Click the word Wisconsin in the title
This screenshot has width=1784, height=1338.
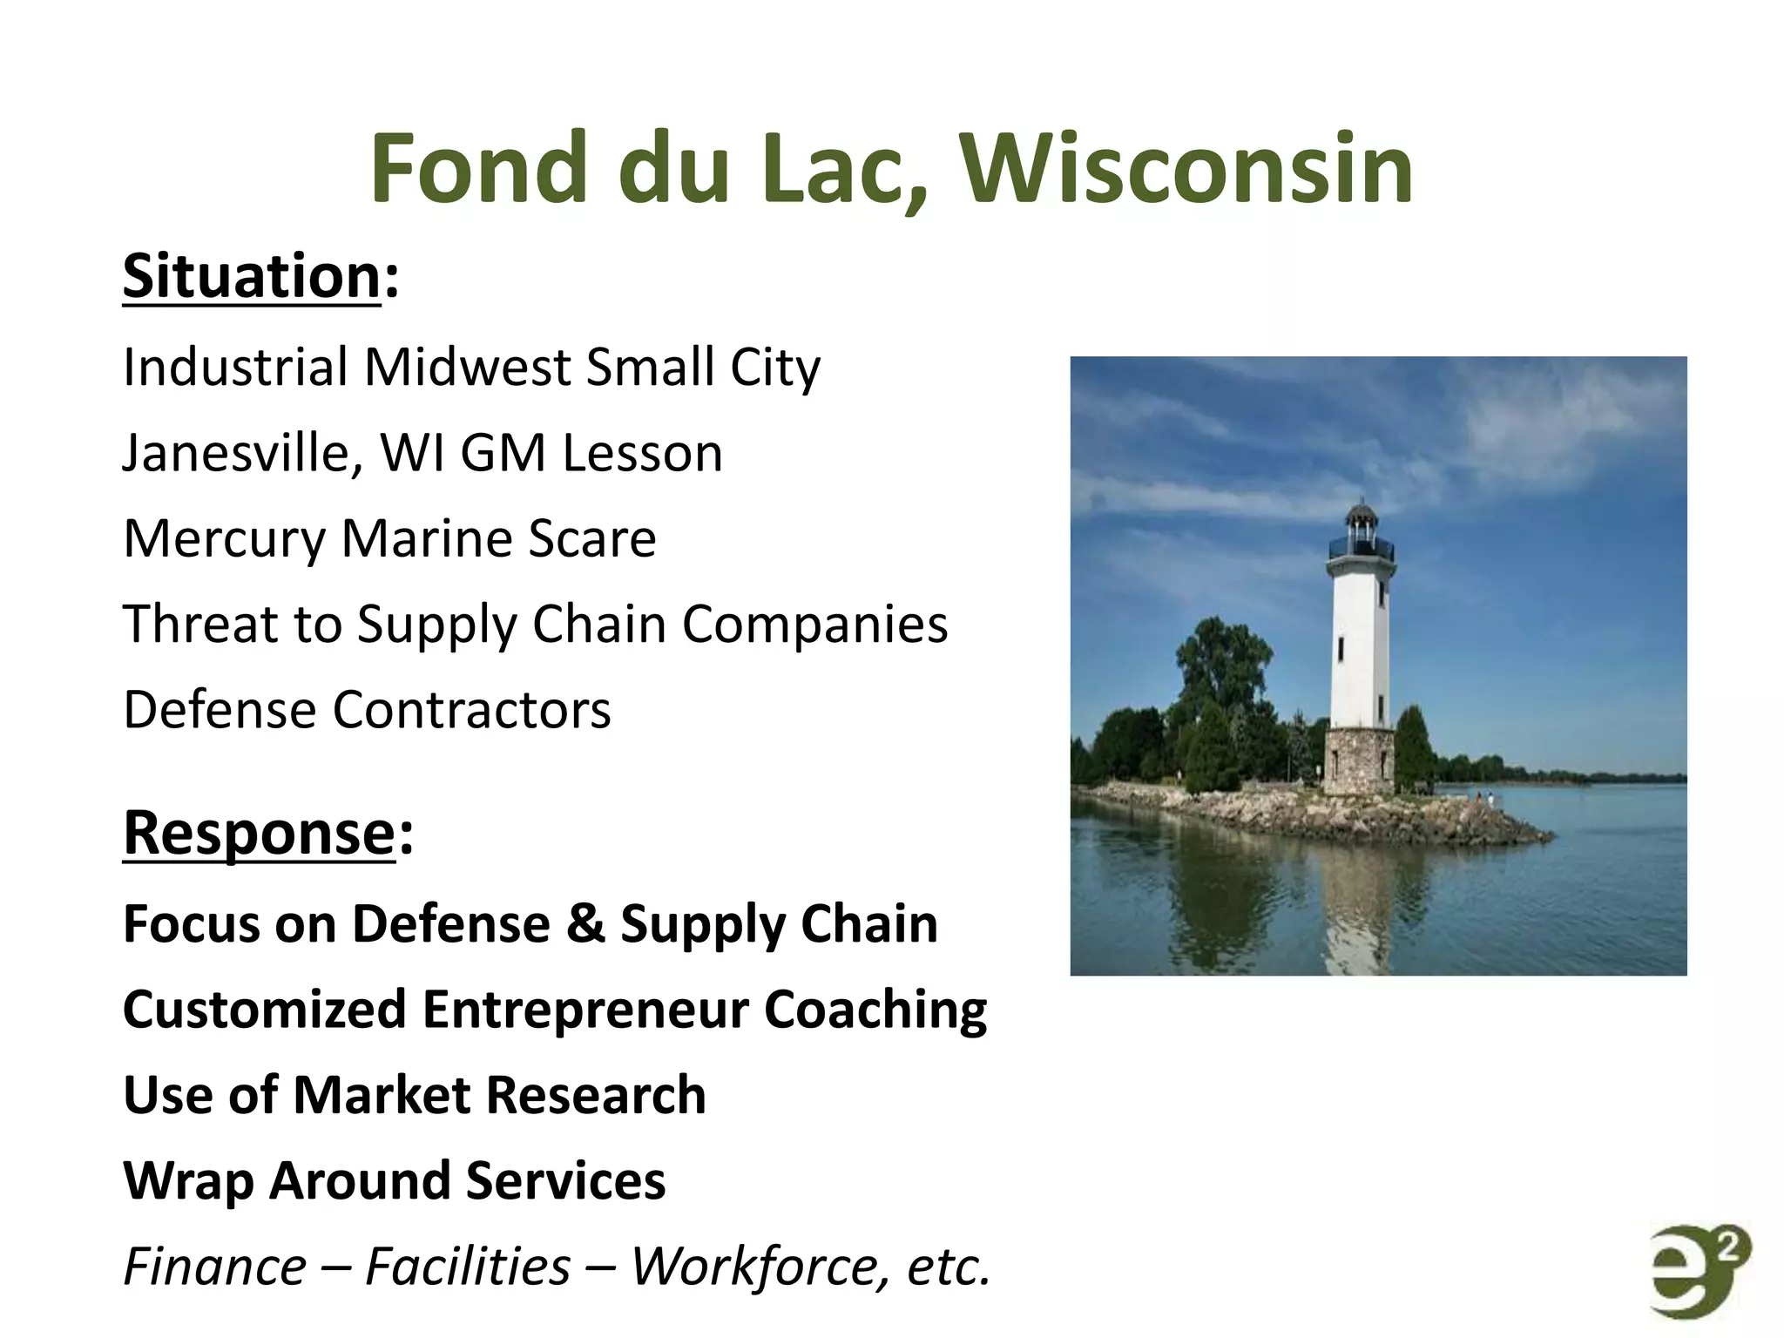1186,169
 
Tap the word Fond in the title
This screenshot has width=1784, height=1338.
478,169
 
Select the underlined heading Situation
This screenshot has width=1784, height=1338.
252,277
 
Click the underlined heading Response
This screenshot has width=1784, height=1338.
260,834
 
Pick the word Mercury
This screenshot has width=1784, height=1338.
224,540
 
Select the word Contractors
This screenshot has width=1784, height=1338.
472,710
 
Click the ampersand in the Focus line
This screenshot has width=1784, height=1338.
585,924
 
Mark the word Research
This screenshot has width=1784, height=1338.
596,1095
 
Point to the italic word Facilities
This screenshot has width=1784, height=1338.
468,1267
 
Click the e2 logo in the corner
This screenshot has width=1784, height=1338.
1699,1273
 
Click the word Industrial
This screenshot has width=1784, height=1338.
235,368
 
